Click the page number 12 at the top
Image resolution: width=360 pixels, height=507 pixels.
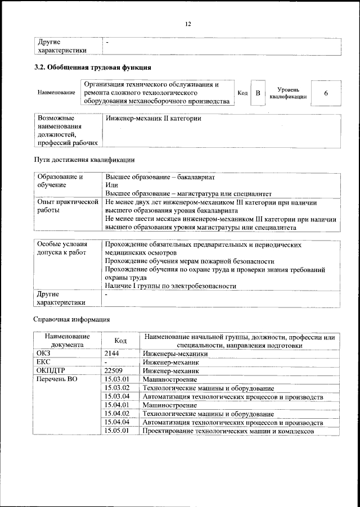(188, 23)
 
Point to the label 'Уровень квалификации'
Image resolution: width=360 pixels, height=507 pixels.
(287, 93)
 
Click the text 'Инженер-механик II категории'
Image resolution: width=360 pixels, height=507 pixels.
(154, 119)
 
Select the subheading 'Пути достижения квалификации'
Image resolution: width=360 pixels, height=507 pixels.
(85, 159)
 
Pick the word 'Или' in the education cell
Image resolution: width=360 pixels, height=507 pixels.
(111, 184)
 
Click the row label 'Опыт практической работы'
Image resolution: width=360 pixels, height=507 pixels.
(67, 206)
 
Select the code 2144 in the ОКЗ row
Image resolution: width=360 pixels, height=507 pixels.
(113, 354)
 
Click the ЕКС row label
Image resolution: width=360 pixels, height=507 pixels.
(44, 363)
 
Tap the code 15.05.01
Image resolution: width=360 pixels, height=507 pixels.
(118, 431)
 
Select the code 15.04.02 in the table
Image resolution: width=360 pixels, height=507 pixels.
(118, 414)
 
